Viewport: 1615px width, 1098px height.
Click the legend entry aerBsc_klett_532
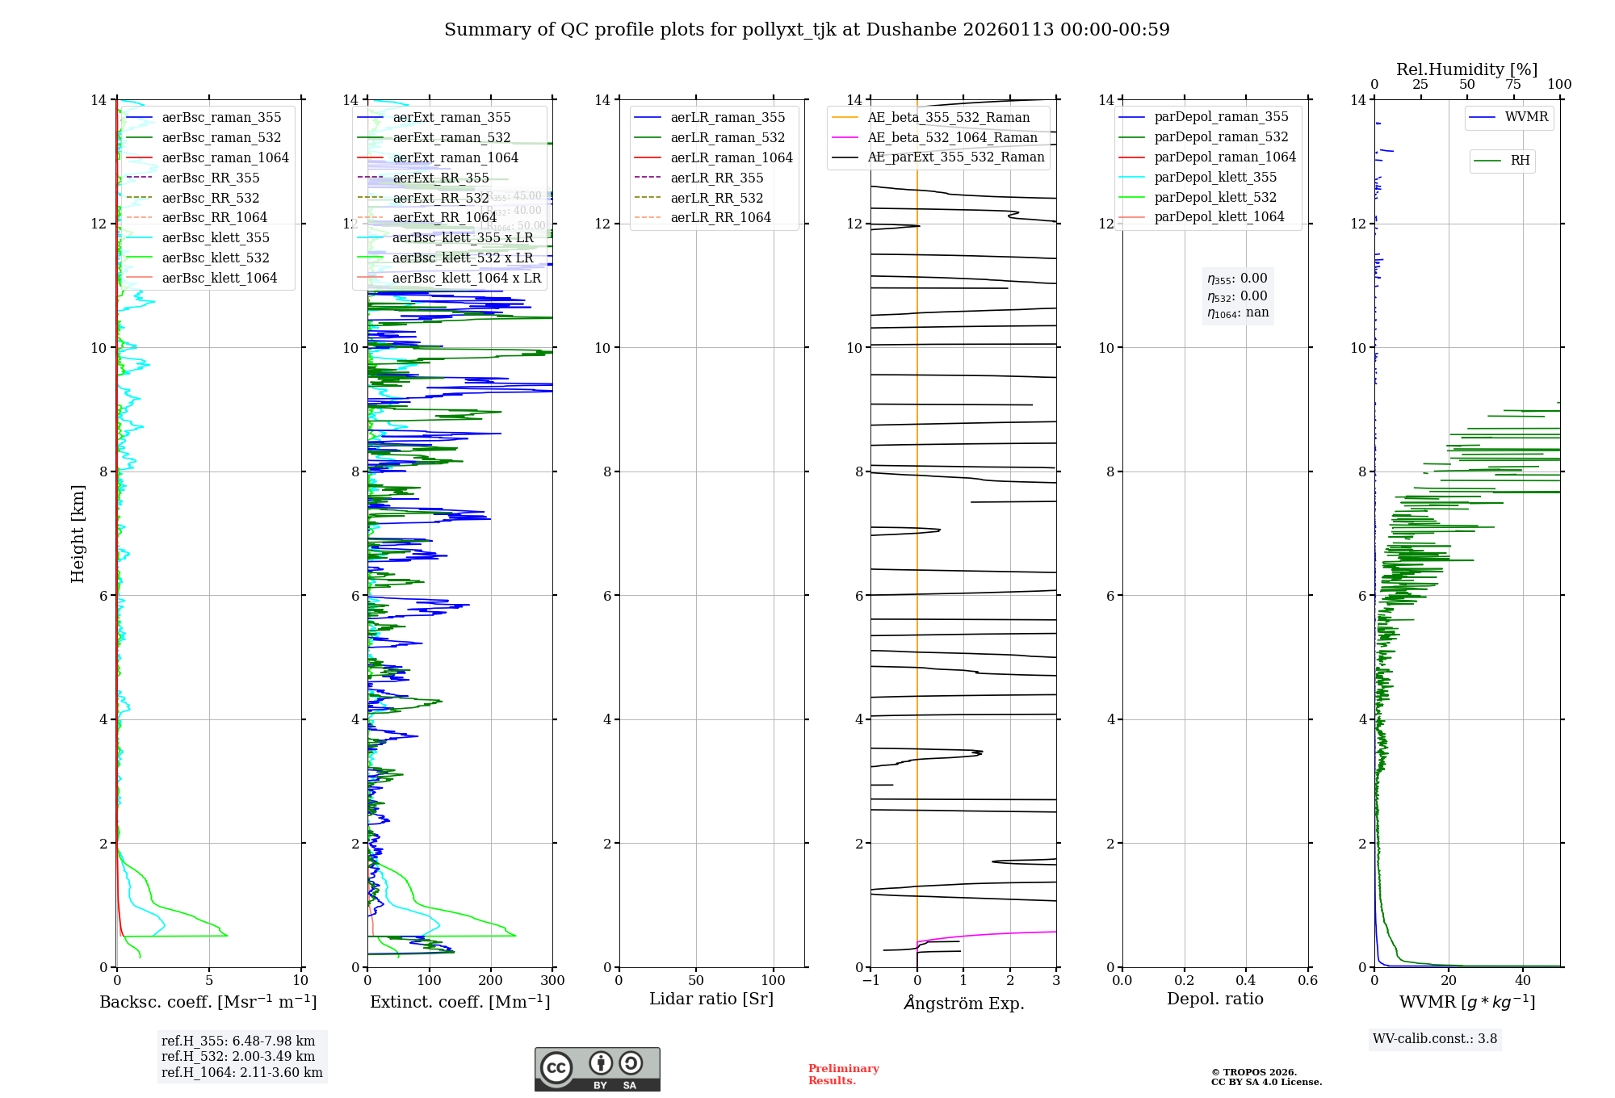coord(216,258)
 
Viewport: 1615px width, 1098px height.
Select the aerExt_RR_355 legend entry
coord(441,178)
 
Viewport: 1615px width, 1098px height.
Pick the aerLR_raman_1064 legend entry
coord(732,157)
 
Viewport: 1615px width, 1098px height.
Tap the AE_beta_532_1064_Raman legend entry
coord(952,137)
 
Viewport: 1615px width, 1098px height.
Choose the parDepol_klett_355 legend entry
coord(1215,177)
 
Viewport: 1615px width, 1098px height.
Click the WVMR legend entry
coord(1526,117)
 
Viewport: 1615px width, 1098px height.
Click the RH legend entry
coord(1520,161)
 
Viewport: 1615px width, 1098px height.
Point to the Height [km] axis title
coord(78,534)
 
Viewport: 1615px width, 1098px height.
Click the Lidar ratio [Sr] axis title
coord(711,999)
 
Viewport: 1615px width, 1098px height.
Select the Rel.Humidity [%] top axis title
coord(1466,69)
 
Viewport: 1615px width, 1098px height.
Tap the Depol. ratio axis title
coord(1214,999)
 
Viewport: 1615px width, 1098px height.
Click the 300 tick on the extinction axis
coord(553,981)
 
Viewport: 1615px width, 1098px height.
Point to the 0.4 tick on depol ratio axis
coord(1245,981)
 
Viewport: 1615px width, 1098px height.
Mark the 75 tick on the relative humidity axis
coord(1513,85)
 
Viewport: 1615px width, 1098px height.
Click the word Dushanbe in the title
coord(903,30)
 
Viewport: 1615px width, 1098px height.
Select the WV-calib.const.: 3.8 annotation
coord(1435,1039)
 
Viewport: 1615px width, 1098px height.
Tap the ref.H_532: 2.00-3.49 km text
coord(238,1056)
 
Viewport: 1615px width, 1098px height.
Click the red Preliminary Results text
coord(843,1075)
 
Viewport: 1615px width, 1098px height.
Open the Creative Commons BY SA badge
coord(597,1070)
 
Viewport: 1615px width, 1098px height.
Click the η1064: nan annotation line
coord(1238,313)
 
